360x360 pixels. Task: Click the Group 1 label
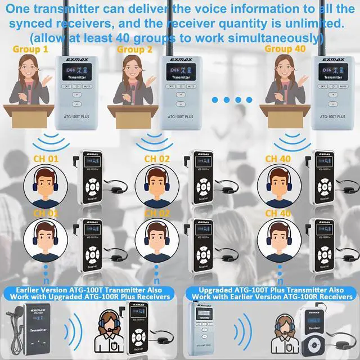click(30, 49)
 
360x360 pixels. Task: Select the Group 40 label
click(286, 49)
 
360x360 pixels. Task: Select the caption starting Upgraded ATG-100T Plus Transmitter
click(272, 293)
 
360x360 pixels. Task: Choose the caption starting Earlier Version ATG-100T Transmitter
click(89, 293)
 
